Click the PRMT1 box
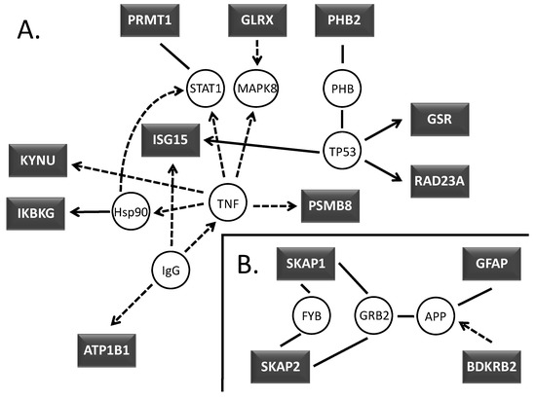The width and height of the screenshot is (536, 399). [156, 20]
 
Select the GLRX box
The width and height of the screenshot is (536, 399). [257, 20]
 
